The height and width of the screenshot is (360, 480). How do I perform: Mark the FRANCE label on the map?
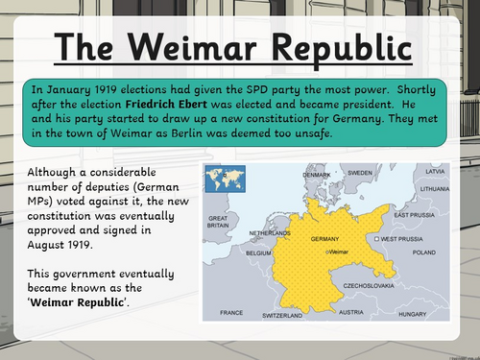pos(230,313)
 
